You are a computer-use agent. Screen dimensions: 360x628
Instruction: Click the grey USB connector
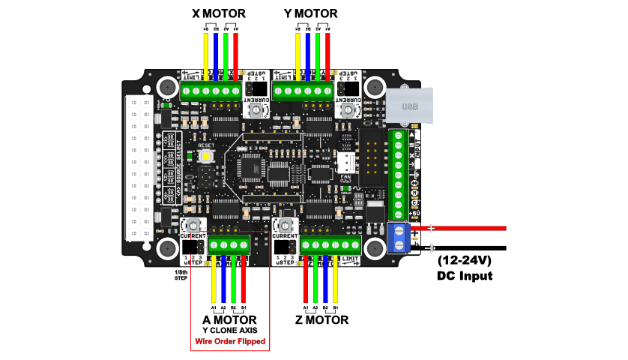pos(409,106)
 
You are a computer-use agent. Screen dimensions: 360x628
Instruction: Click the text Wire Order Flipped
pos(230,341)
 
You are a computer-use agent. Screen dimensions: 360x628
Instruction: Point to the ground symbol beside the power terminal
pos(430,248)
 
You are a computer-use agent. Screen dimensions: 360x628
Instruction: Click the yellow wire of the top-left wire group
pos(206,52)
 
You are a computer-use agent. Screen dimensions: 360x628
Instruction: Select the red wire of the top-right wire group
pos(327,52)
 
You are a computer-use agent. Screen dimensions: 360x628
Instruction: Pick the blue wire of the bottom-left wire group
pos(223,281)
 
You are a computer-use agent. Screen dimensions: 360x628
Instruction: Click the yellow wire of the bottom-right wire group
pos(335,281)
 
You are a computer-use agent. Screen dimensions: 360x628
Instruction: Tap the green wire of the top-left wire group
pos(226,52)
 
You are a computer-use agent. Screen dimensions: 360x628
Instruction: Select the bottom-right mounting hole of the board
pos(375,248)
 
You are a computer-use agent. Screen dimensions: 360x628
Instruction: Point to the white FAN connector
pos(346,162)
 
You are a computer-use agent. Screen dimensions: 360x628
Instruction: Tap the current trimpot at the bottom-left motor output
pos(193,225)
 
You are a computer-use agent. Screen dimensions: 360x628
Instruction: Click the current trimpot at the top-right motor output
pos(347,109)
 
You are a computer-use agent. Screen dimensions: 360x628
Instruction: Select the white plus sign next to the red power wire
pos(431,228)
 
